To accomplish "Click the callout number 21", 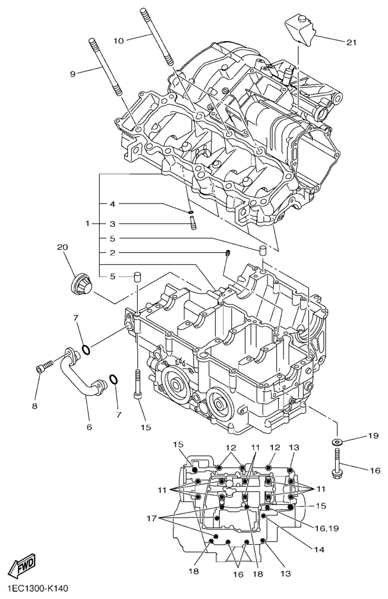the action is point(351,42).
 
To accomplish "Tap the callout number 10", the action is point(119,40).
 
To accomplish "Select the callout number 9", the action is point(72,74).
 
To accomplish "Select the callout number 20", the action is point(62,247).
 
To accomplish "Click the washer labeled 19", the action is point(337,443).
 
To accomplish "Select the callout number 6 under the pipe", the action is point(89,426).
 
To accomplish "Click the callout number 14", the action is point(318,550).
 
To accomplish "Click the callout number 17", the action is point(152,518).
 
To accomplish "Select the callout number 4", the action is point(112,204).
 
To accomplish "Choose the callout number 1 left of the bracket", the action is point(88,223).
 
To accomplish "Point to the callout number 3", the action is point(112,224).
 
